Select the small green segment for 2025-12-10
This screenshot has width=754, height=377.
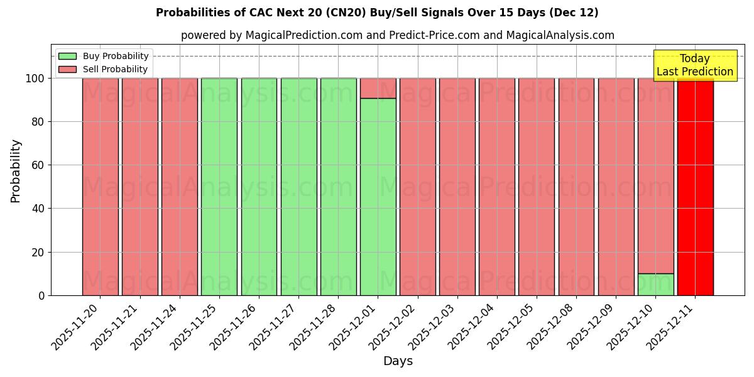tap(655, 284)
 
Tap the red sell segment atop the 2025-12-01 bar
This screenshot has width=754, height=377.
tap(378, 88)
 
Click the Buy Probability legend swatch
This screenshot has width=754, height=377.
tap(67, 56)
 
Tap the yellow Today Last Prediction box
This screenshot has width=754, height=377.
tap(694, 65)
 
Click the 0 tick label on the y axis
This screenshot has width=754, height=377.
tap(41, 295)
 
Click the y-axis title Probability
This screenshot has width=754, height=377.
tap(16, 171)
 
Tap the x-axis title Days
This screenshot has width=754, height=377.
tap(398, 361)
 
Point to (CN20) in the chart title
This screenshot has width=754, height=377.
tap(339, 13)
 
